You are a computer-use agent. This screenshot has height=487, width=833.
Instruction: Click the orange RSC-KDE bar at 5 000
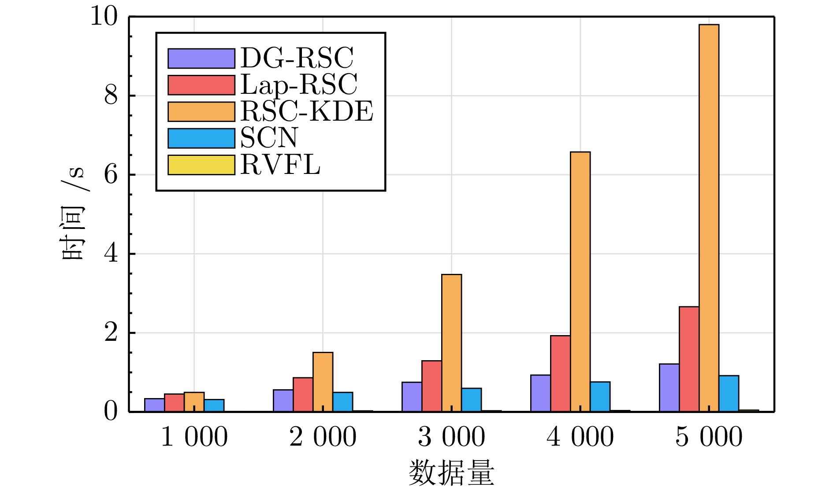coord(709,218)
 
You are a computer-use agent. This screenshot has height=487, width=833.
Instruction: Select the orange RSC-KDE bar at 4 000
coord(580,282)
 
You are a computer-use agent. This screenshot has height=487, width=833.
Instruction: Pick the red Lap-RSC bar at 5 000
coord(689,359)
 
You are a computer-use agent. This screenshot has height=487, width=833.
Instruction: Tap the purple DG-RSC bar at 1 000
coord(154,405)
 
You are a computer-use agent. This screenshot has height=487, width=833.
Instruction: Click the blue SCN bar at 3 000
coord(472,400)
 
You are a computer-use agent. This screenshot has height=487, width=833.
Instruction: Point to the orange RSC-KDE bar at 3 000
coord(451,343)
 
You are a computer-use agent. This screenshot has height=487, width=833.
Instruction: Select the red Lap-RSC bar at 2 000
coord(303,395)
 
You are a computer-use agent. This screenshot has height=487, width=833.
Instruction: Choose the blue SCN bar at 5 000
coord(729,394)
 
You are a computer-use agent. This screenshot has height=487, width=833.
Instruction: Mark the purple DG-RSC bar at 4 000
coord(540,393)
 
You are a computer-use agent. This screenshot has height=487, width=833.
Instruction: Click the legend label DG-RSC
coord(297,58)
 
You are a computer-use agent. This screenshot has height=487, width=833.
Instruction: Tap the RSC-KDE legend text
coord(307,111)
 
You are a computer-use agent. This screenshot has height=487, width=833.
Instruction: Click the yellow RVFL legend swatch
coord(201,165)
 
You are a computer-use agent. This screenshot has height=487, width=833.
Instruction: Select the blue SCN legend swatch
coord(201,138)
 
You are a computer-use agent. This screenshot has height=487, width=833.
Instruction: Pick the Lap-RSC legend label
coord(299,85)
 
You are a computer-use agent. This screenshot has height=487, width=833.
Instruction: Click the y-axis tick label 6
coord(111,175)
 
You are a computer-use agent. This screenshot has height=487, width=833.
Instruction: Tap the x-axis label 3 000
coord(451,437)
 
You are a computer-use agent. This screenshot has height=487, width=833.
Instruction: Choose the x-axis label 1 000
coord(194,437)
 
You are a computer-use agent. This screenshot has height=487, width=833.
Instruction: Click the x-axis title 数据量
coord(451,472)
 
